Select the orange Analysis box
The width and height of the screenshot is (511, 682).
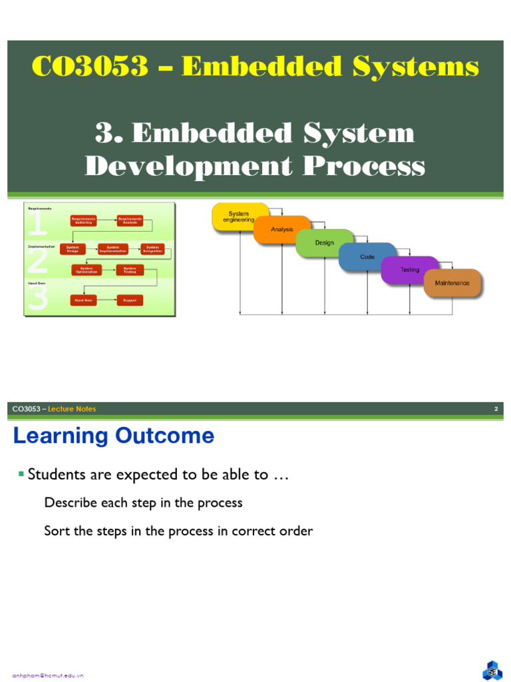click(x=282, y=230)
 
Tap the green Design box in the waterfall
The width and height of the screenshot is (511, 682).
click(x=325, y=243)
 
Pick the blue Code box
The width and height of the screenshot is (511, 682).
click(x=367, y=257)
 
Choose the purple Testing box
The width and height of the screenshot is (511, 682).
click(x=410, y=270)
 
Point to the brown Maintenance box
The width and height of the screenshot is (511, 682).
click(x=452, y=283)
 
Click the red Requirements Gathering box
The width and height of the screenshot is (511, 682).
click(x=84, y=220)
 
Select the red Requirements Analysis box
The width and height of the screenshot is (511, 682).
click(x=130, y=220)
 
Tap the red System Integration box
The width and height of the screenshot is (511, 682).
click(x=152, y=249)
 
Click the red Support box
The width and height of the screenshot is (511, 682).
click(x=130, y=300)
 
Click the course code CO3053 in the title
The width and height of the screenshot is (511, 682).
click(x=90, y=67)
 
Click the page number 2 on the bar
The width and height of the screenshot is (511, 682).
click(x=496, y=409)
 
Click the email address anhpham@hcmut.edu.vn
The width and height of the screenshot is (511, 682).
click(x=48, y=675)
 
